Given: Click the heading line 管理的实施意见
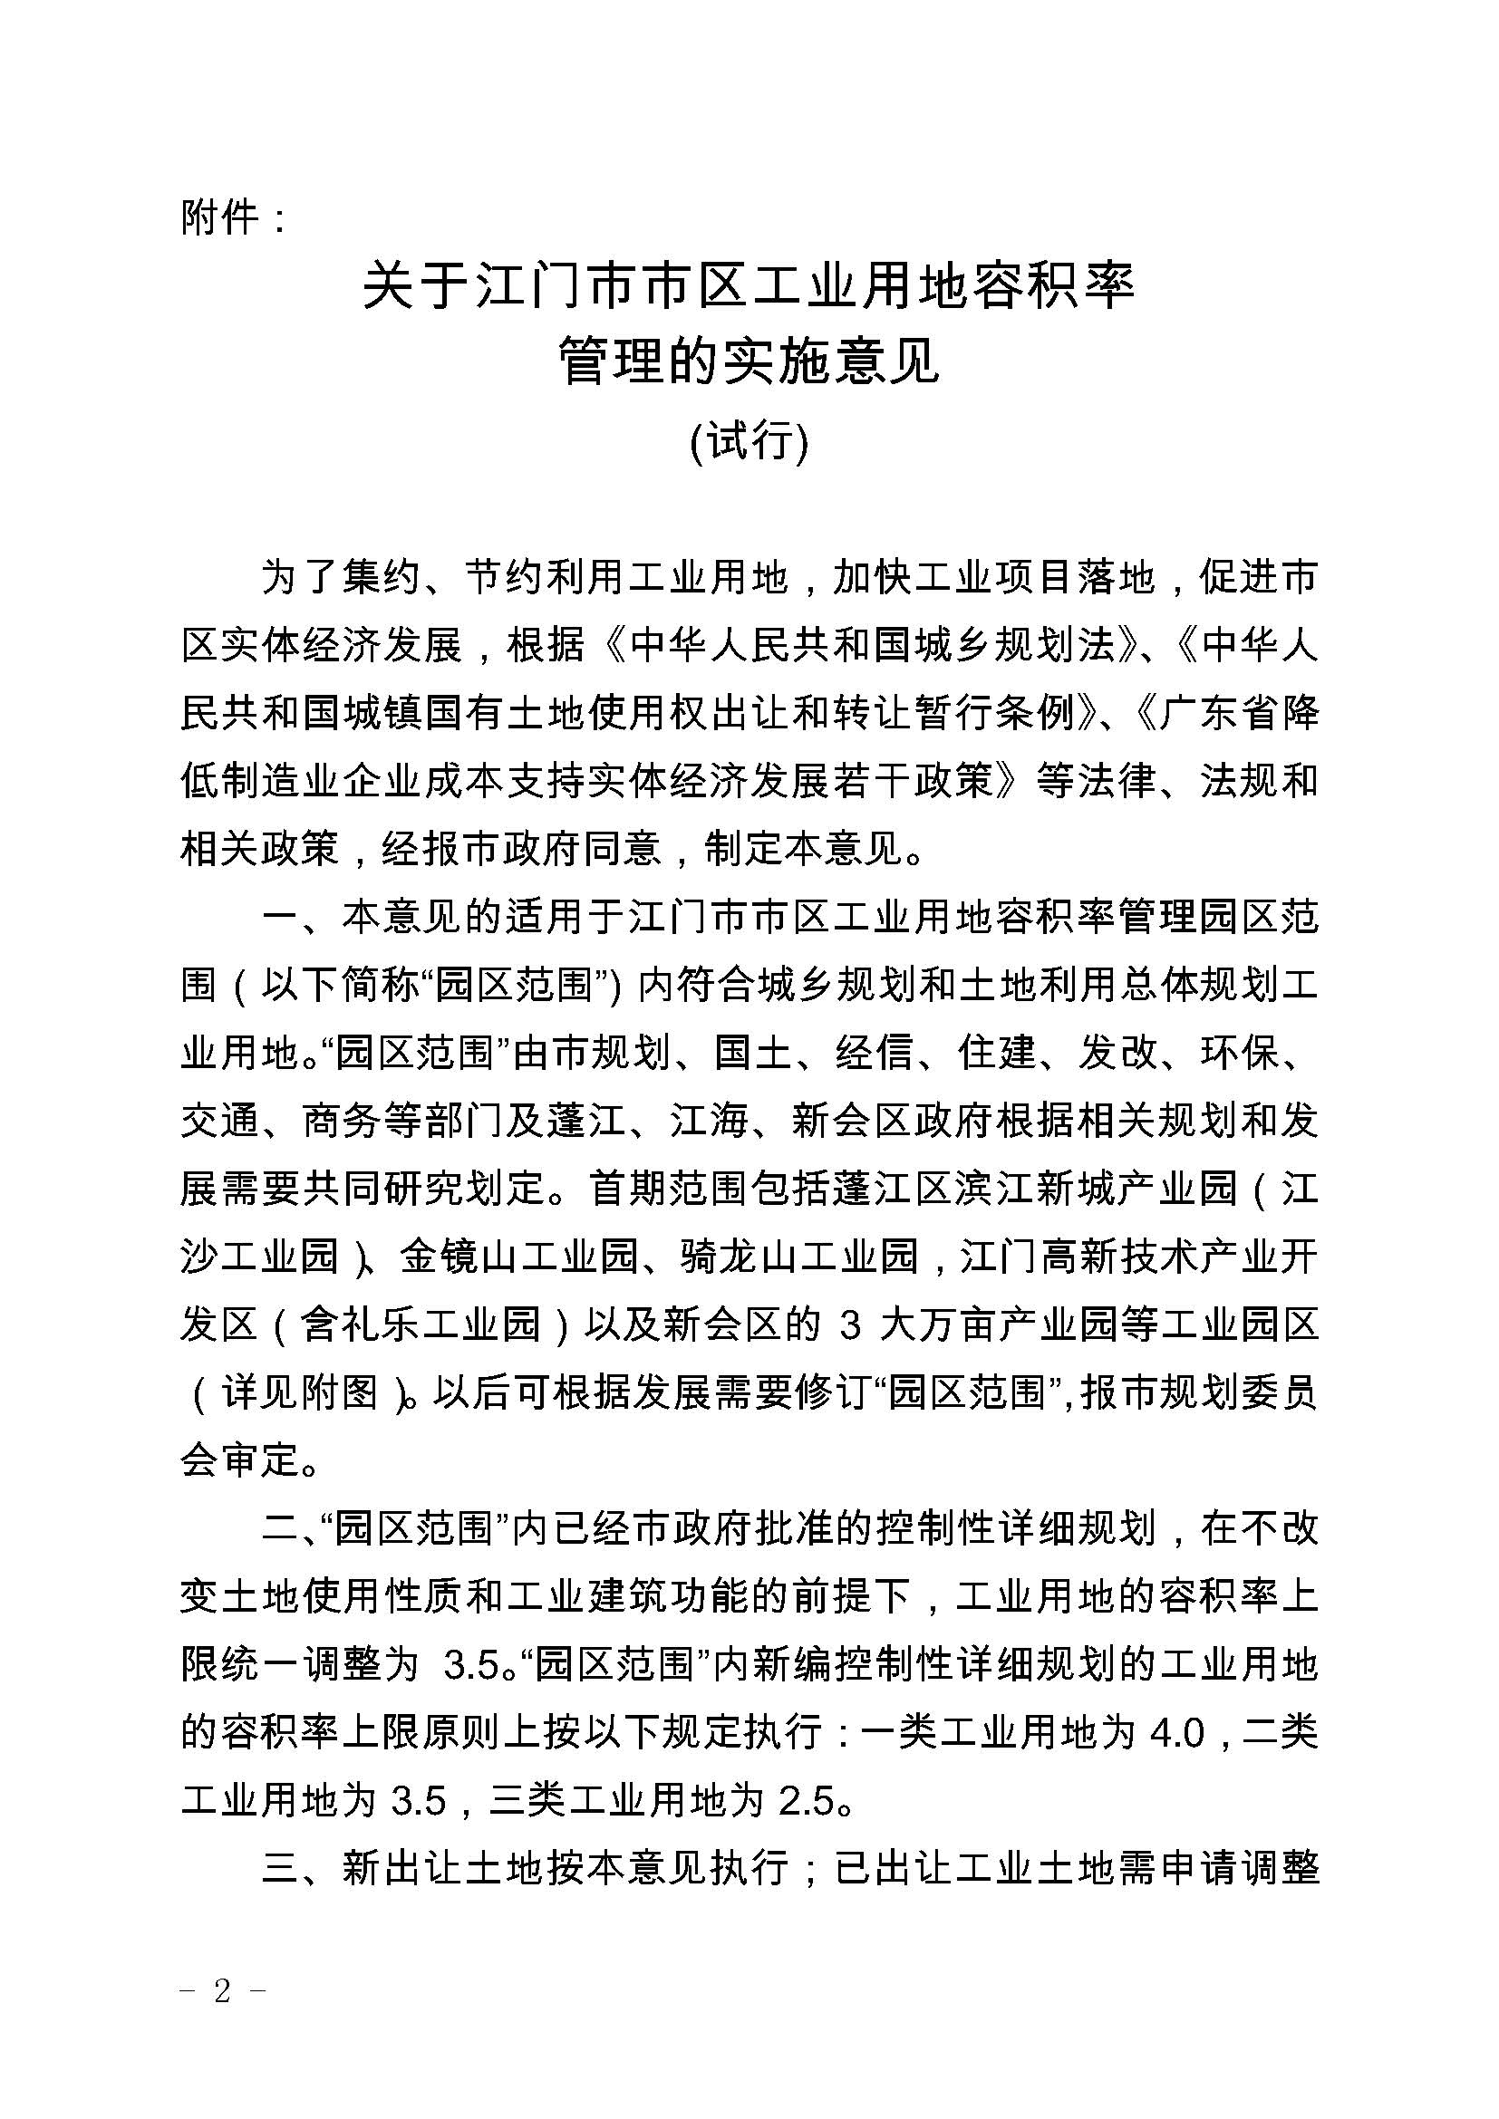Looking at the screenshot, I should pos(749,361).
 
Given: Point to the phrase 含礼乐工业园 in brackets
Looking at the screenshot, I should pos(421,1326).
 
